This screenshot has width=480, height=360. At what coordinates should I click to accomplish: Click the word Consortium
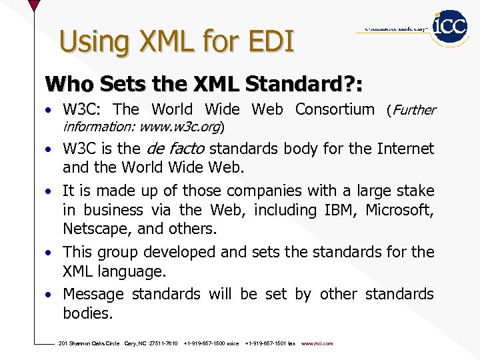click(x=335, y=109)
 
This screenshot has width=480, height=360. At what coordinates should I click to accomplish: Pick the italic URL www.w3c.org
click(x=181, y=126)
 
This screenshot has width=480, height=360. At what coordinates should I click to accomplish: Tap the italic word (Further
click(x=411, y=110)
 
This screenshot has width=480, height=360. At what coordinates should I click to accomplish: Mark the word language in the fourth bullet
click(x=132, y=271)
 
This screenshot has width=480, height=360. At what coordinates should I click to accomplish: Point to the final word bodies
click(x=87, y=313)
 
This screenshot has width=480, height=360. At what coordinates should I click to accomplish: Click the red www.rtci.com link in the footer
click(x=317, y=343)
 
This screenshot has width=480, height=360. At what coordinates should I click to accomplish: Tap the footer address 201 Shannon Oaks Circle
click(x=89, y=343)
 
